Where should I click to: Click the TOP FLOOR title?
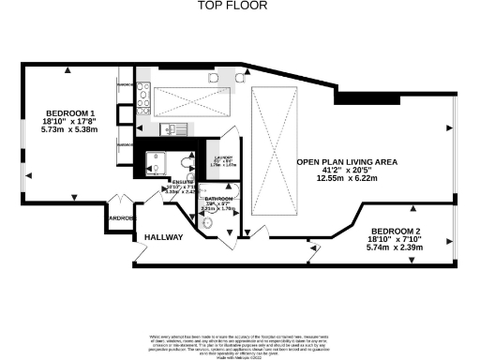pyautogui.click(x=232, y=6)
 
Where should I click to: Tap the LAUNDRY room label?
pyautogui.click(x=223, y=159)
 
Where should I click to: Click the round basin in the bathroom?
pyautogui.click(x=209, y=224)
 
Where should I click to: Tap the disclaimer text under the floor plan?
pyautogui.click(x=240, y=341)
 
